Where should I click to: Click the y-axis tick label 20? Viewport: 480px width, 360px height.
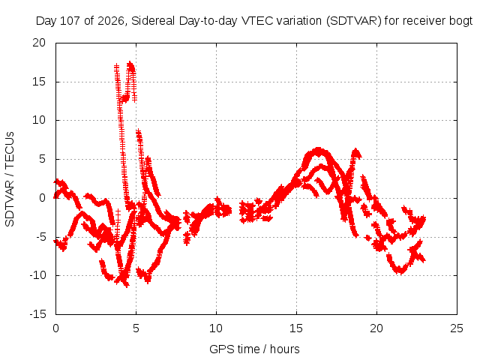click(x=39, y=43)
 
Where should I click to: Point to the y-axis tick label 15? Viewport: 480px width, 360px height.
click(x=39, y=82)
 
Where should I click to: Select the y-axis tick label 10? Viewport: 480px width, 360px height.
click(x=39, y=120)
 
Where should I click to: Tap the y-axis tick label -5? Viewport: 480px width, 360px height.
click(x=40, y=237)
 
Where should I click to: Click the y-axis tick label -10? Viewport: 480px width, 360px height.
click(x=37, y=275)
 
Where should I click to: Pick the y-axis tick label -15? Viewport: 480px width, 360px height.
click(x=37, y=314)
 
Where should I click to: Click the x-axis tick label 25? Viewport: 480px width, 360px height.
click(x=457, y=328)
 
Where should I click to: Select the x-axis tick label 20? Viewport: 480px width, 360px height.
click(x=376, y=328)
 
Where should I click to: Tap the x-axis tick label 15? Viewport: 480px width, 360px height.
click(x=296, y=328)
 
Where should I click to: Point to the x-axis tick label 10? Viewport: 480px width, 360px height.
click(x=216, y=328)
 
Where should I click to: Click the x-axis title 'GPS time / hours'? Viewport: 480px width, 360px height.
click(x=254, y=349)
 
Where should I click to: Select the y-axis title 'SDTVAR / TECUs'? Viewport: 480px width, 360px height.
click(x=10, y=179)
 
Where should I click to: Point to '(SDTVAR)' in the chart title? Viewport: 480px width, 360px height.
click(x=354, y=21)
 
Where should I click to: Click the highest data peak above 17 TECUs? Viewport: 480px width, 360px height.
click(x=130, y=63)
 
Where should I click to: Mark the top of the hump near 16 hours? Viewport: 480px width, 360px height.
click(x=318, y=149)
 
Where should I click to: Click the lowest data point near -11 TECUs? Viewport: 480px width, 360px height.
click(x=127, y=285)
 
